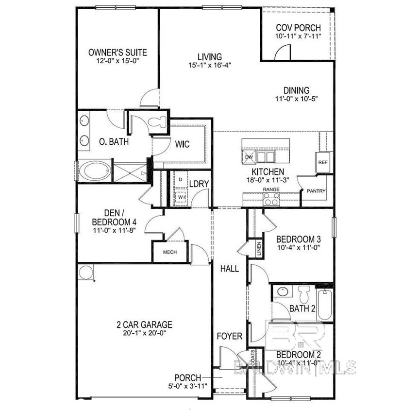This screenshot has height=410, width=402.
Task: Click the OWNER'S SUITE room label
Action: (x=117, y=52)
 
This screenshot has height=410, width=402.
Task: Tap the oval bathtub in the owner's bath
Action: (x=95, y=172)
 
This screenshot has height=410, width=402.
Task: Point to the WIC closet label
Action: (x=182, y=144)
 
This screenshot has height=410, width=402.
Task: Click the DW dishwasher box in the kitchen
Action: (x=249, y=157)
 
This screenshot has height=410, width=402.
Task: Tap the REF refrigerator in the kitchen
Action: (x=322, y=162)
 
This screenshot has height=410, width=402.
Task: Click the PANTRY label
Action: (x=316, y=191)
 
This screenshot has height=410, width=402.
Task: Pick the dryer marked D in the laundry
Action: (x=180, y=180)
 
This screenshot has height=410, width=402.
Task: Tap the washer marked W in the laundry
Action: (x=180, y=197)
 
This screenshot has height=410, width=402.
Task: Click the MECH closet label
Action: (x=169, y=252)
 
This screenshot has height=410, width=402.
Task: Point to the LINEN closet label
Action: (x=259, y=249)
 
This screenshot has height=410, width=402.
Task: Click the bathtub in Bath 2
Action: (x=324, y=304)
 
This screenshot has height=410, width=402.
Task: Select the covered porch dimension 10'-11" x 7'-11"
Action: (x=299, y=36)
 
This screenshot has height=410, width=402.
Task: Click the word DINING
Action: (x=296, y=90)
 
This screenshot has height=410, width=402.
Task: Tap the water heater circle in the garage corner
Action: (x=86, y=272)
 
